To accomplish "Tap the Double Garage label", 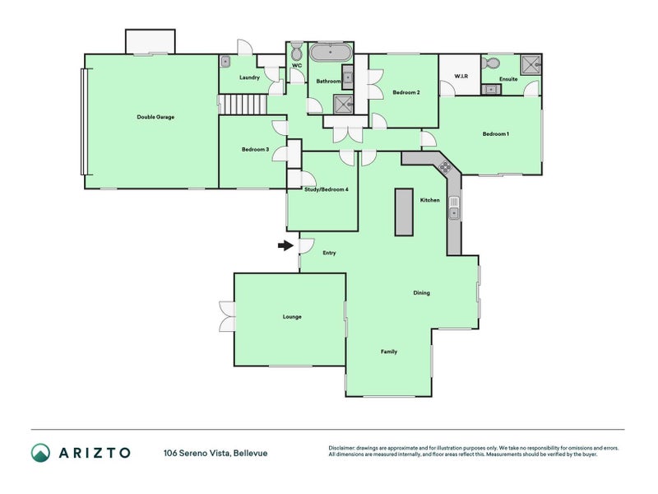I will [155, 117].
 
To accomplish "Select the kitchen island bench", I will [404, 212].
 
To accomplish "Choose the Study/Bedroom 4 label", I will [321, 190].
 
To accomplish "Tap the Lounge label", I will [292, 317].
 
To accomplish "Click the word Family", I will [389, 352].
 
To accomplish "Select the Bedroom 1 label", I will [496, 134].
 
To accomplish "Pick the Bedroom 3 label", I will [255, 149].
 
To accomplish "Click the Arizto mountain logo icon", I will [40, 452].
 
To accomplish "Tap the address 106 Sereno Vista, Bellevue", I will [215, 453].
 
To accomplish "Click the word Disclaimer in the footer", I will [345, 448].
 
